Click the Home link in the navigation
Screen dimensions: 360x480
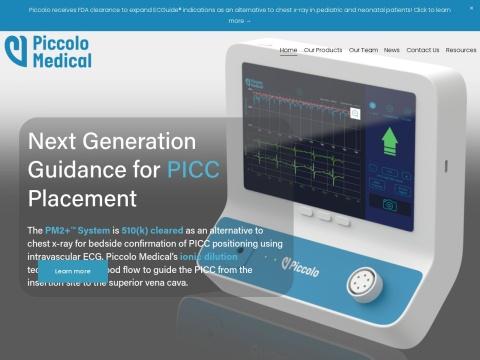coord(288,49)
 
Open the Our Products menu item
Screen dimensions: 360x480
coord(323,49)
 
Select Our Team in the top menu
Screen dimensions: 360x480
coord(362,49)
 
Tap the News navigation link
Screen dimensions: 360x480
coord(392,49)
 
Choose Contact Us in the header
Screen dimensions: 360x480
coord(423,49)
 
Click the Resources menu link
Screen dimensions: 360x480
coord(461,49)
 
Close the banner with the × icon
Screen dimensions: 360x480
coord(472,8)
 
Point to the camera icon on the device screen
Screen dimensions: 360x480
coord(389,202)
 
